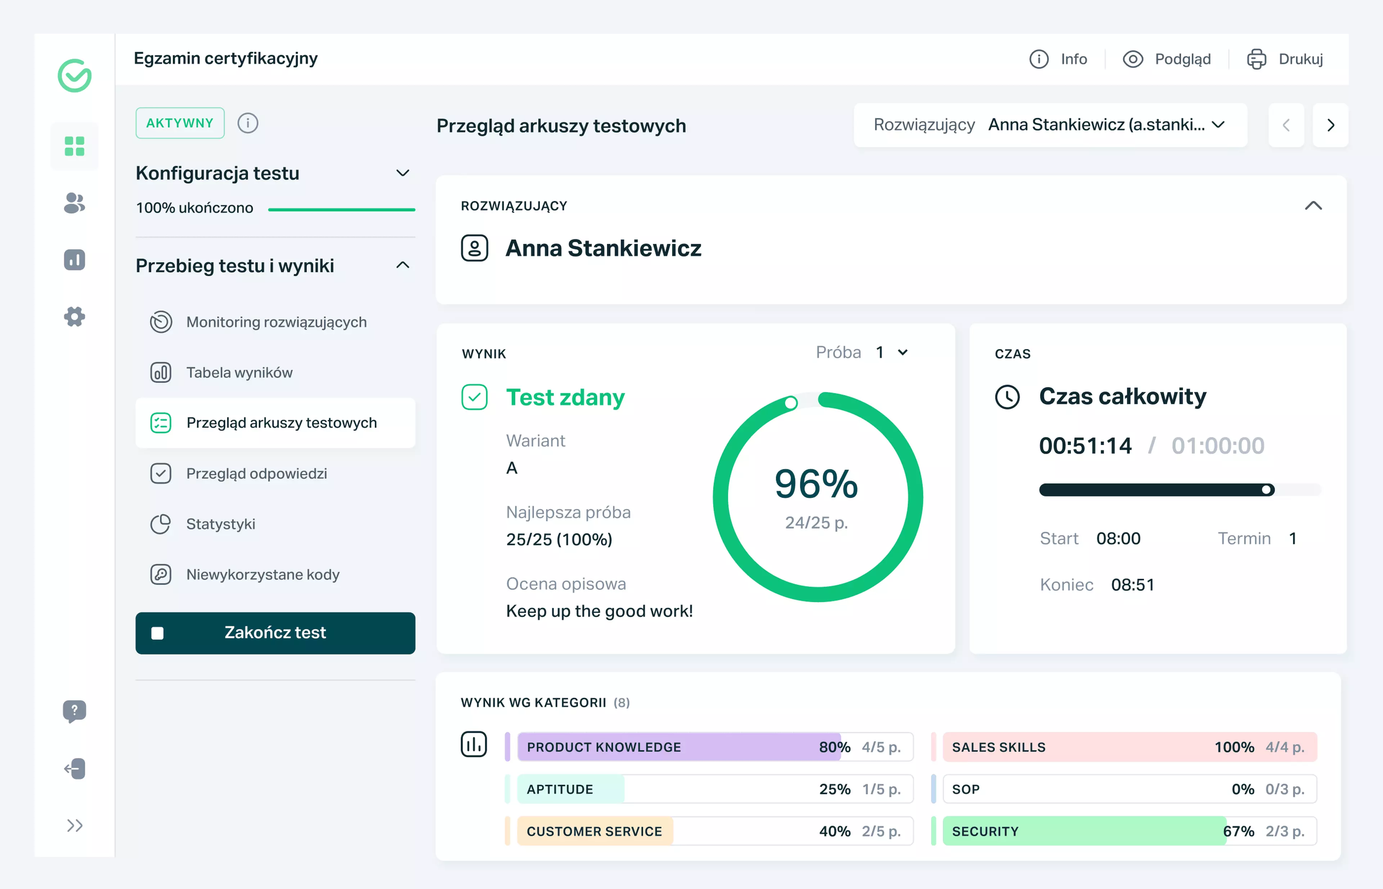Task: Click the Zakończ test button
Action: pos(275,633)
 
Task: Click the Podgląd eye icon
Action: pos(1132,59)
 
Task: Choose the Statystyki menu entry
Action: pos(220,524)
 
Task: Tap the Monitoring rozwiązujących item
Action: pos(276,322)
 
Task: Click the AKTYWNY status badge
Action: pos(180,123)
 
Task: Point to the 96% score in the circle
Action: pos(816,484)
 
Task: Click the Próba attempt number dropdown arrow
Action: pos(903,352)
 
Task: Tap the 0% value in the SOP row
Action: pos(1242,789)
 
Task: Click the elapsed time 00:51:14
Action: pos(1085,446)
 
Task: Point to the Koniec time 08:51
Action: pos(1132,585)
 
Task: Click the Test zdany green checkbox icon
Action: pos(474,397)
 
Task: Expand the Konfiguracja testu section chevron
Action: pos(403,173)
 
